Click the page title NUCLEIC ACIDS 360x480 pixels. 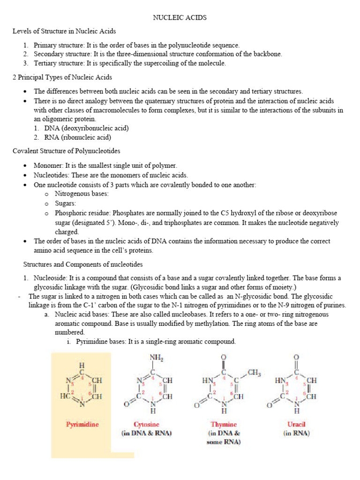[180, 18]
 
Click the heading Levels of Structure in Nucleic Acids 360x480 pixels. [64, 31]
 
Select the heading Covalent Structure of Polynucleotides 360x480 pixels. [66, 151]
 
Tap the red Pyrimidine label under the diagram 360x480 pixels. [82, 425]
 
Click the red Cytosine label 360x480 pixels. [146, 425]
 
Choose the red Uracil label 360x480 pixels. [296, 425]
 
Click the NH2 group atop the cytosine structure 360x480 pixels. [156, 357]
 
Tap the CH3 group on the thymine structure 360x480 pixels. [255, 373]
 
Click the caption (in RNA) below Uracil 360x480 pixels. [296, 433]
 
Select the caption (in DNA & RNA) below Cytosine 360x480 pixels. [146, 433]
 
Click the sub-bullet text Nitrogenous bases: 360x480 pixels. [82, 194]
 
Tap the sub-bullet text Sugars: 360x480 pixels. [65, 203]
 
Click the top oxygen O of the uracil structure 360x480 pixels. [296, 358]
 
